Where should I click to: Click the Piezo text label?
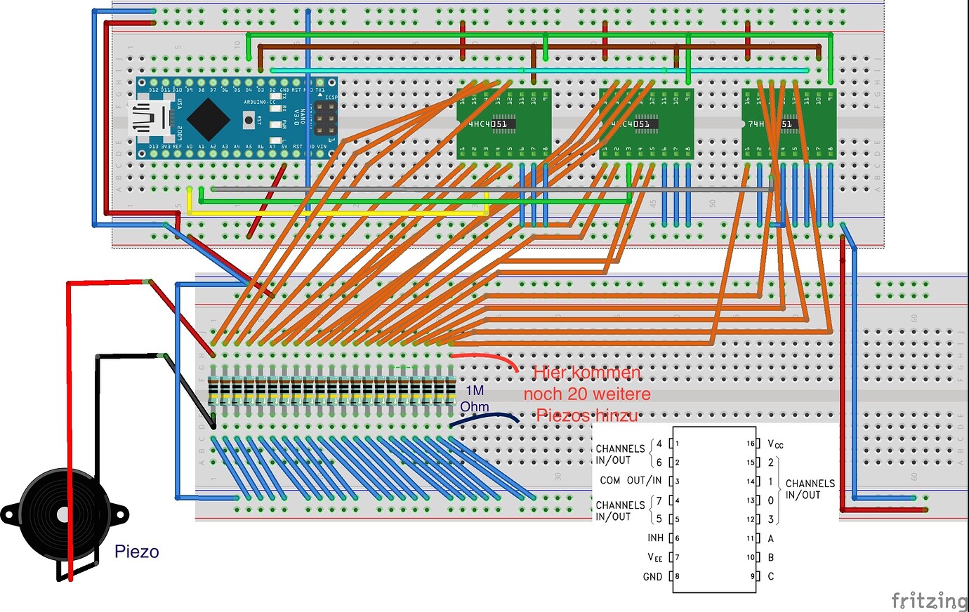point(136,552)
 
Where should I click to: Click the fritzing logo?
point(928,601)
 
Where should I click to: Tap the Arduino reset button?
point(249,120)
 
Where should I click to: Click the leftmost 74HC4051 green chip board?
point(503,124)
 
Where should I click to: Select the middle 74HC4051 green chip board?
point(646,124)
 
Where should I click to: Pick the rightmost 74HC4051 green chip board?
point(789,124)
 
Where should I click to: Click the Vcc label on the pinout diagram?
point(775,444)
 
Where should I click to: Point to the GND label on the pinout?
point(652,577)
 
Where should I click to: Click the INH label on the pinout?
point(655,538)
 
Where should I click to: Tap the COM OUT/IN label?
point(630,481)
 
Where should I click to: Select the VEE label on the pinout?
point(654,557)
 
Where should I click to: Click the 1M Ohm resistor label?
point(474,399)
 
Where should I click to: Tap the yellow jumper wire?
point(337,213)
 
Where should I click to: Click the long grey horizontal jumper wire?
point(492,189)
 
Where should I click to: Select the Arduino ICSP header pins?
point(324,120)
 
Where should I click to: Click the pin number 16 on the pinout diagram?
point(750,444)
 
